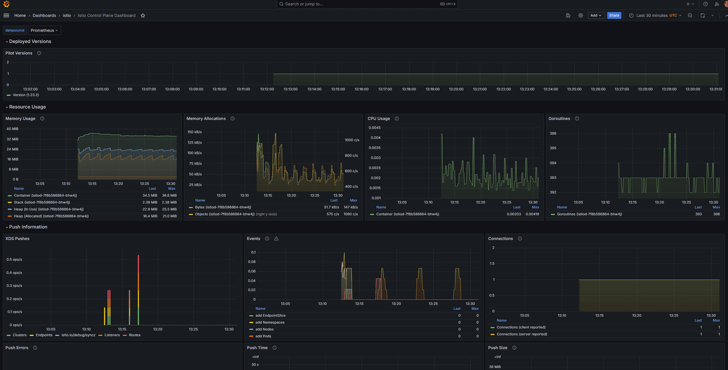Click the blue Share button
point(614,16)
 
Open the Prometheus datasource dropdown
point(44,30)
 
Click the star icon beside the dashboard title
point(143,16)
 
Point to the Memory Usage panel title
point(20,119)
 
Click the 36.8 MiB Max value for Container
point(169,195)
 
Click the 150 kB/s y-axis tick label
point(195,132)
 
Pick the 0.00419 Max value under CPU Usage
point(532,214)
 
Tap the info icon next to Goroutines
point(577,119)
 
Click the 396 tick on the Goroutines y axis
point(553,133)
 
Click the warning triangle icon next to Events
point(276,239)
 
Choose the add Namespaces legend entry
point(270,322)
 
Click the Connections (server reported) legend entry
point(522,334)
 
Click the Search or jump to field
point(367,4)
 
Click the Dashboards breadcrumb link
point(44,16)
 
